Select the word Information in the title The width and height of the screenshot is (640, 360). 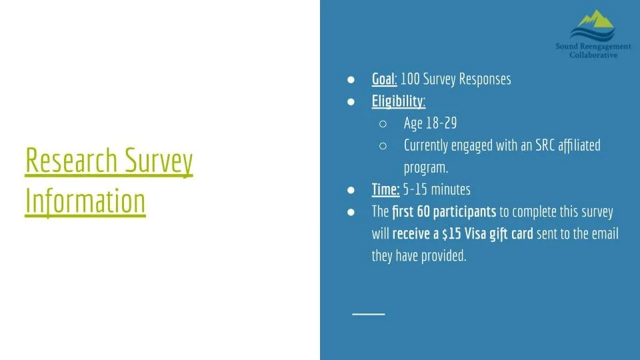click(x=85, y=200)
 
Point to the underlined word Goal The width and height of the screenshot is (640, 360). click(x=384, y=79)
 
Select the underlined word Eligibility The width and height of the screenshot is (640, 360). click(x=398, y=101)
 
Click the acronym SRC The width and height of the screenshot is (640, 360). click(x=533, y=145)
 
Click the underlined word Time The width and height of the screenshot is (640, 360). click(x=385, y=189)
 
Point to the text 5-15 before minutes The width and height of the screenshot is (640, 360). click(x=415, y=189)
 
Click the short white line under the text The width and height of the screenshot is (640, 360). click(x=369, y=313)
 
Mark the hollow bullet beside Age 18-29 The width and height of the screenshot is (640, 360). click(x=383, y=123)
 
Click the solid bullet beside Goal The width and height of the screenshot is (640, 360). click(x=351, y=79)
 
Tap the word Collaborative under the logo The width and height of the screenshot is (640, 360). click(x=593, y=55)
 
